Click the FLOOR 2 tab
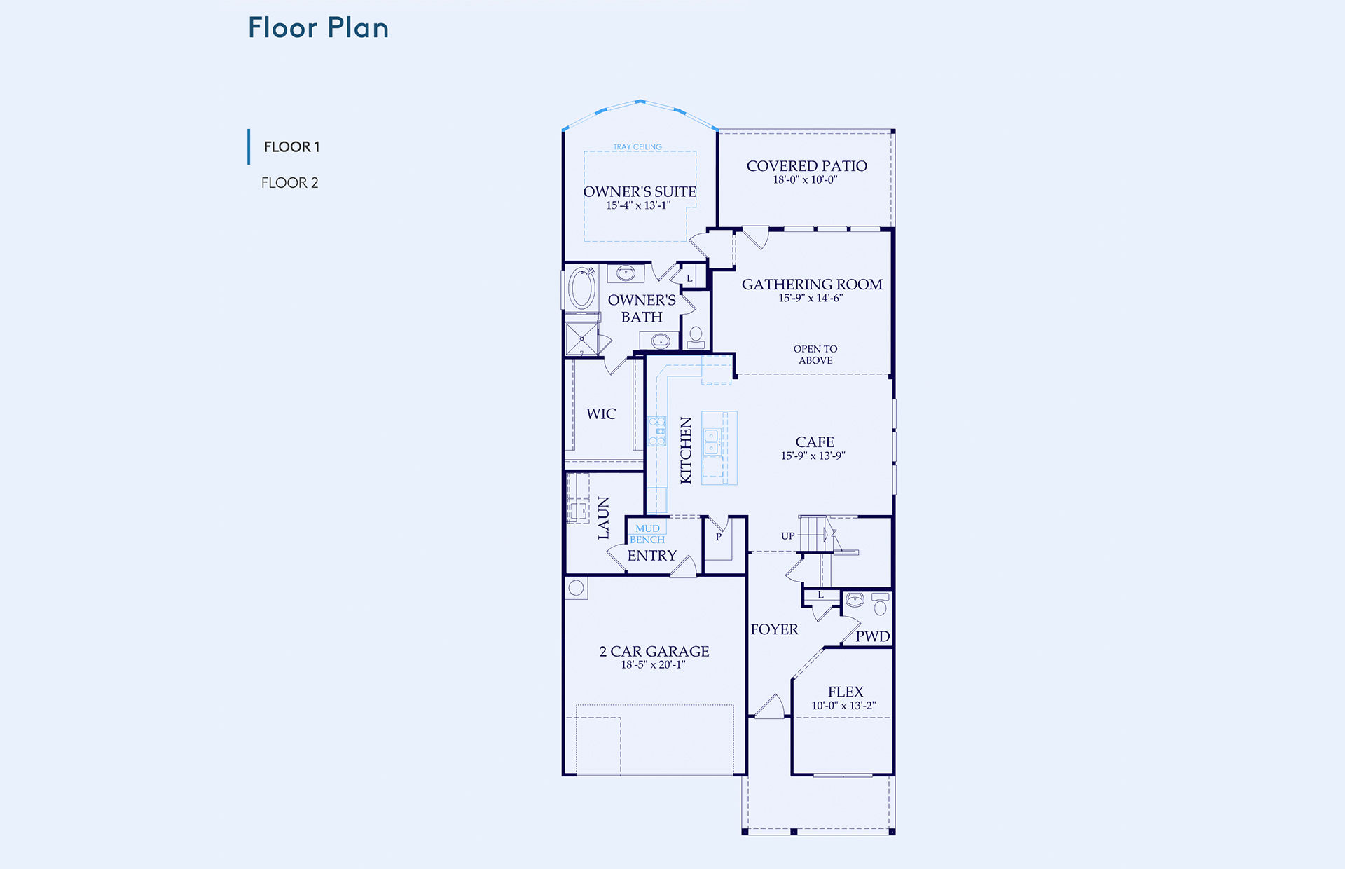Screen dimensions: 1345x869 (x=289, y=183)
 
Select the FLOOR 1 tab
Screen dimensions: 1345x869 (x=291, y=147)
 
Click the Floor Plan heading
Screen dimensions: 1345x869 (x=318, y=28)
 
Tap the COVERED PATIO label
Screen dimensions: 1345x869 (x=806, y=166)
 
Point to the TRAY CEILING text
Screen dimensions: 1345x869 (x=637, y=147)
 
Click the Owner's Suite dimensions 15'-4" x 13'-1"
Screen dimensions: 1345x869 (x=638, y=205)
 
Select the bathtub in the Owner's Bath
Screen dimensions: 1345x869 (x=581, y=288)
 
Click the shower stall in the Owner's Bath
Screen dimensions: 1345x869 (x=581, y=339)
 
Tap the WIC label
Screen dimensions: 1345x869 (x=601, y=414)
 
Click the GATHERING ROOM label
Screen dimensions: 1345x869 (x=812, y=285)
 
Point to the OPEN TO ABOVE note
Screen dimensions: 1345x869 (x=815, y=355)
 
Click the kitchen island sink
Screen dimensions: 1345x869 (x=712, y=442)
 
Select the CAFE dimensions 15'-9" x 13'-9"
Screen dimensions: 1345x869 (x=813, y=456)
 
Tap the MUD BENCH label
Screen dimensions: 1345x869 (x=647, y=534)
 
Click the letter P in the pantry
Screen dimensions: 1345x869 (x=718, y=538)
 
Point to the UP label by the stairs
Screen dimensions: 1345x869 (x=788, y=536)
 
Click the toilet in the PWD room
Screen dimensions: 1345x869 (x=881, y=604)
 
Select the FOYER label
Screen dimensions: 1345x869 (x=774, y=629)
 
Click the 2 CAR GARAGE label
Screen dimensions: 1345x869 (x=654, y=652)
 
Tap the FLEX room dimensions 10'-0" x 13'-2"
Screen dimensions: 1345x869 (x=843, y=706)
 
